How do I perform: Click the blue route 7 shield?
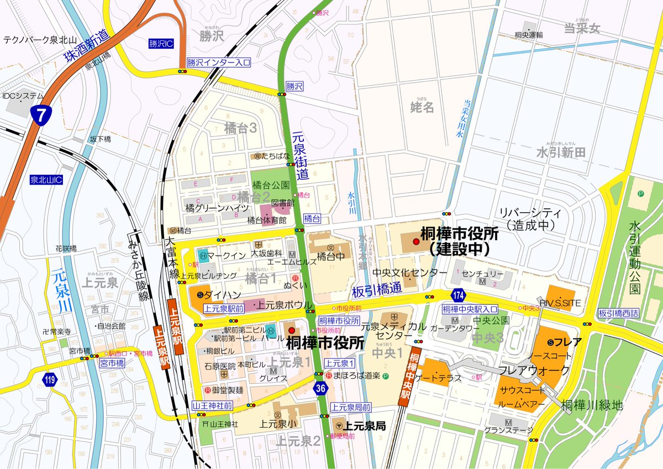point(39,115)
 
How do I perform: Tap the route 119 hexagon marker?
point(50,380)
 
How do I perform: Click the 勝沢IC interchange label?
point(160,43)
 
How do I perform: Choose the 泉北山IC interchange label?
point(47,181)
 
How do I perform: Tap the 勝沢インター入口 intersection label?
point(218,62)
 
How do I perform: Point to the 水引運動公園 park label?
point(634,257)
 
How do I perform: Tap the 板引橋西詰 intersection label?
point(618,313)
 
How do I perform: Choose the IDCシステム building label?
point(23,96)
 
